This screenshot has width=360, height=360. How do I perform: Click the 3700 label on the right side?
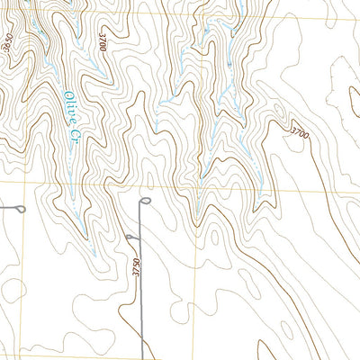click(x=299, y=134)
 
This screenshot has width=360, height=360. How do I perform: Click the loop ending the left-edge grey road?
click(x=20, y=209)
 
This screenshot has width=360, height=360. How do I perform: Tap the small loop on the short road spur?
click(x=131, y=237)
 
